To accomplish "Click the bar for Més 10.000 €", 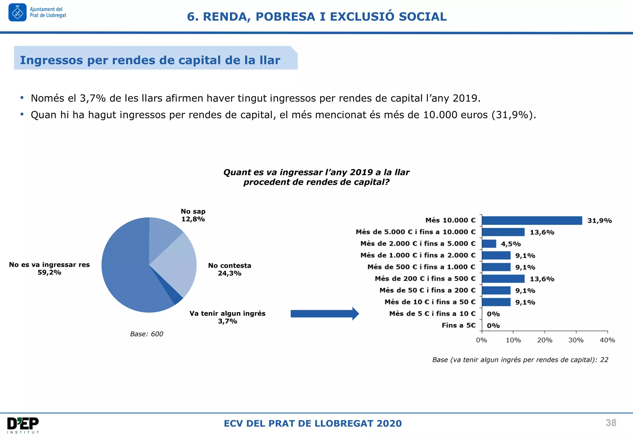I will tap(532, 220).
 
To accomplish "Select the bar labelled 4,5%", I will tap(489, 244).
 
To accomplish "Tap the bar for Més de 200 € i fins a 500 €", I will tap(503, 279).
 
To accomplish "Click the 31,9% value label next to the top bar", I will tap(599, 221).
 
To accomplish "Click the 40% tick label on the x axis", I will tap(607, 340).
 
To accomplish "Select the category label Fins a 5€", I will tap(458, 325).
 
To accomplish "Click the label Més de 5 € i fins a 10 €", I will tap(432, 314).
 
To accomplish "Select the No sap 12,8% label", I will tap(193, 215).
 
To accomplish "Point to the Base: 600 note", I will tap(147, 334).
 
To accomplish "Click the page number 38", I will tap(611, 423).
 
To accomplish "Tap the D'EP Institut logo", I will tap(23, 425).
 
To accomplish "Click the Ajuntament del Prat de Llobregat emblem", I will tap(18, 13).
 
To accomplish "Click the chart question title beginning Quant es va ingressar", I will tap(316, 177).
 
